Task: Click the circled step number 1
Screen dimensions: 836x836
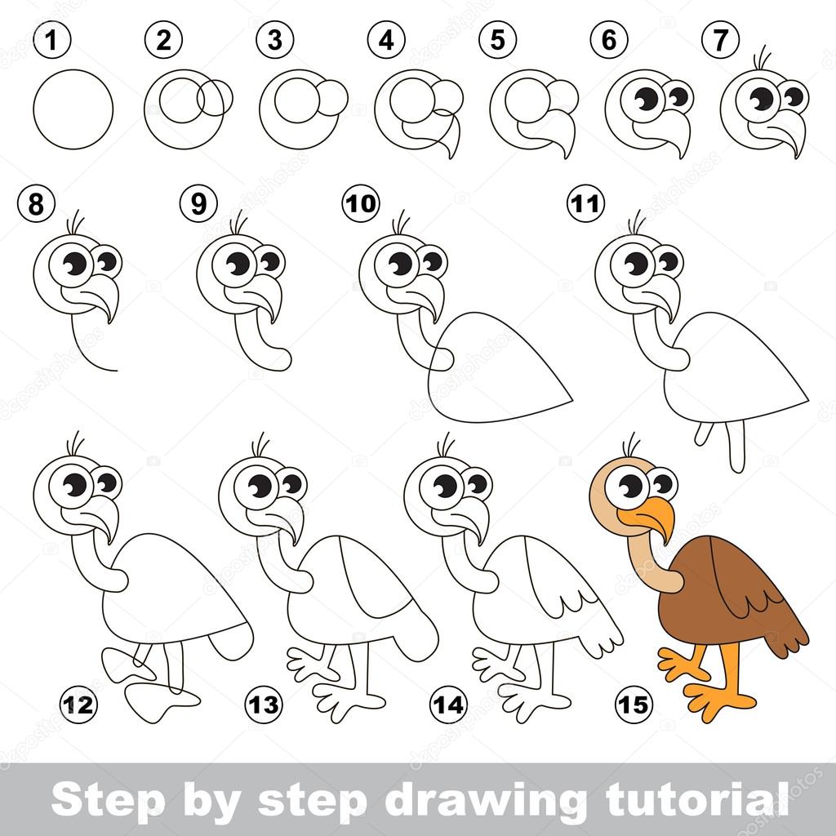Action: [51, 40]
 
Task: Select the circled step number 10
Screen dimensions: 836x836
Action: [360, 203]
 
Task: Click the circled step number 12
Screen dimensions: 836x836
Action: [78, 703]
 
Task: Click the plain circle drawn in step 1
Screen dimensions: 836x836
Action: [73, 109]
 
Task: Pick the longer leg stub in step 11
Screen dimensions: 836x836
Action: [736, 449]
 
